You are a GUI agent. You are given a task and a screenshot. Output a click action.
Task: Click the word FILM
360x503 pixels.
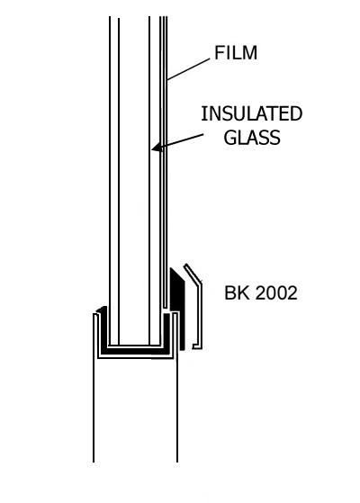click(x=236, y=52)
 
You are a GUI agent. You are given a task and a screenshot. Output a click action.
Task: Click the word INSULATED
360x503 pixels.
click(x=252, y=113)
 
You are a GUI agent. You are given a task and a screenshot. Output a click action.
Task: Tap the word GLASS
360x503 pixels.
click(x=252, y=138)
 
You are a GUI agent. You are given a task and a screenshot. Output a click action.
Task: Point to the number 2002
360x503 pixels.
click(x=277, y=292)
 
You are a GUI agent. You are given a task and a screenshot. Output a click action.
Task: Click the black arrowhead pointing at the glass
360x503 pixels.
click(x=157, y=148)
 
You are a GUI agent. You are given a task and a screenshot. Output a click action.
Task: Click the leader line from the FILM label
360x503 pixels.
click(x=189, y=69)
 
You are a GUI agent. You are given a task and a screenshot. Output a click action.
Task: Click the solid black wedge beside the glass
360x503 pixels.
click(x=177, y=308)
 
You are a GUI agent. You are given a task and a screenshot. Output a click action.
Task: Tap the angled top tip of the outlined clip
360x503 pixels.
click(x=185, y=265)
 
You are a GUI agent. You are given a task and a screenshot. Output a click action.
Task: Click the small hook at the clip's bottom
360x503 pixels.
click(x=196, y=346)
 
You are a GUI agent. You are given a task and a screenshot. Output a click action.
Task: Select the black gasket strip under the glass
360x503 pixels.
click(x=135, y=350)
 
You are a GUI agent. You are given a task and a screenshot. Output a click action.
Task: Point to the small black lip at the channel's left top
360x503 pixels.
click(x=102, y=310)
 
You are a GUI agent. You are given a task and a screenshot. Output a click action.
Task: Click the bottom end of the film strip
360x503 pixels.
click(x=165, y=307)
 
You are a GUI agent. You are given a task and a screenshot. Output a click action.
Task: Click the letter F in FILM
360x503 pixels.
click(x=219, y=52)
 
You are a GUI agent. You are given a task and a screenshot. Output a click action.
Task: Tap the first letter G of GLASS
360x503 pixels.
click(x=229, y=138)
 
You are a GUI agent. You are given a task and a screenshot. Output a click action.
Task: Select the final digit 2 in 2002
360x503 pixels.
click(x=292, y=292)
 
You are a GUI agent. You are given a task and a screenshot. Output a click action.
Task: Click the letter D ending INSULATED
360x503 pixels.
click(x=296, y=113)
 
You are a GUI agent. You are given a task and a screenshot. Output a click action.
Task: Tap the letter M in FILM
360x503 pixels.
click(x=250, y=52)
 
